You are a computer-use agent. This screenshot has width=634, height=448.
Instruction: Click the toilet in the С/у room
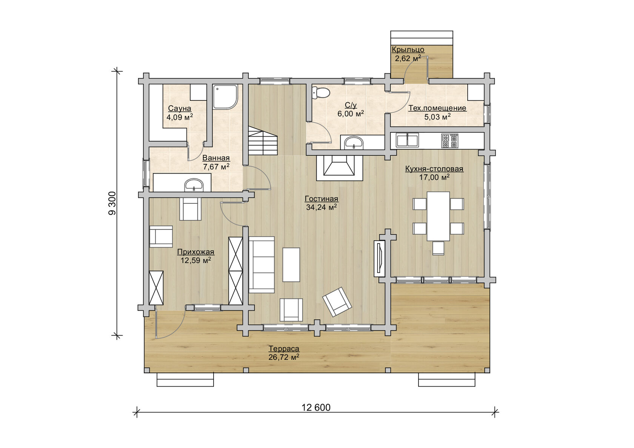[x=321, y=92]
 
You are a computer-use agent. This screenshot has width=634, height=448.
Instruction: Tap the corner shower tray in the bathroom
[x=225, y=97]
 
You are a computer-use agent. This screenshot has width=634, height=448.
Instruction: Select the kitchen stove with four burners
[x=450, y=141]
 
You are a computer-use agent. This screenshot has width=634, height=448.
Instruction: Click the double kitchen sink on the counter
[x=407, y=140]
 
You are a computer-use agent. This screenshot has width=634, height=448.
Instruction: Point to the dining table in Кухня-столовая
[x=438, y=216]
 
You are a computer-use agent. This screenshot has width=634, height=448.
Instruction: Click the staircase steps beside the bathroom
[x=263, y=140]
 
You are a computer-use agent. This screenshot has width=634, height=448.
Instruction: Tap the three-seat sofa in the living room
[x=262, y=265]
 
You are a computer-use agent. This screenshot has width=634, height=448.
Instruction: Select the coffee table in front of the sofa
[x=291, y=265]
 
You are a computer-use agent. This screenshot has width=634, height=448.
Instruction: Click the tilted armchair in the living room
[x=337, y=302]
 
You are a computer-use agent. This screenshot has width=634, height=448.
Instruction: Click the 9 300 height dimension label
[x=112, y=203]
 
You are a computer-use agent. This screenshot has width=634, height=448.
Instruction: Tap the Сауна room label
[x=180, y=108]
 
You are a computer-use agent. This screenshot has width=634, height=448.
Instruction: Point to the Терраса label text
[x=284, y=349]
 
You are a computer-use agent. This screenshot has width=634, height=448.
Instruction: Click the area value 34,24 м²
[x=321, y=208]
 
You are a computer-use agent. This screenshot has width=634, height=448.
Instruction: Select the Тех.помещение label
[x=437, y=108]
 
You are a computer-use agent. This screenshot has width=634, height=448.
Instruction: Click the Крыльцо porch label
[x=408, y=49]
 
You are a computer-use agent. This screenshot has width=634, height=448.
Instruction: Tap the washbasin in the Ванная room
[x=194, y=185]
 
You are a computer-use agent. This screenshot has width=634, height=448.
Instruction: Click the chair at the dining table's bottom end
[x=438, y=248]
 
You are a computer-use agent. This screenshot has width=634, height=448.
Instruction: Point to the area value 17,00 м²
[x=434, y=177]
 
